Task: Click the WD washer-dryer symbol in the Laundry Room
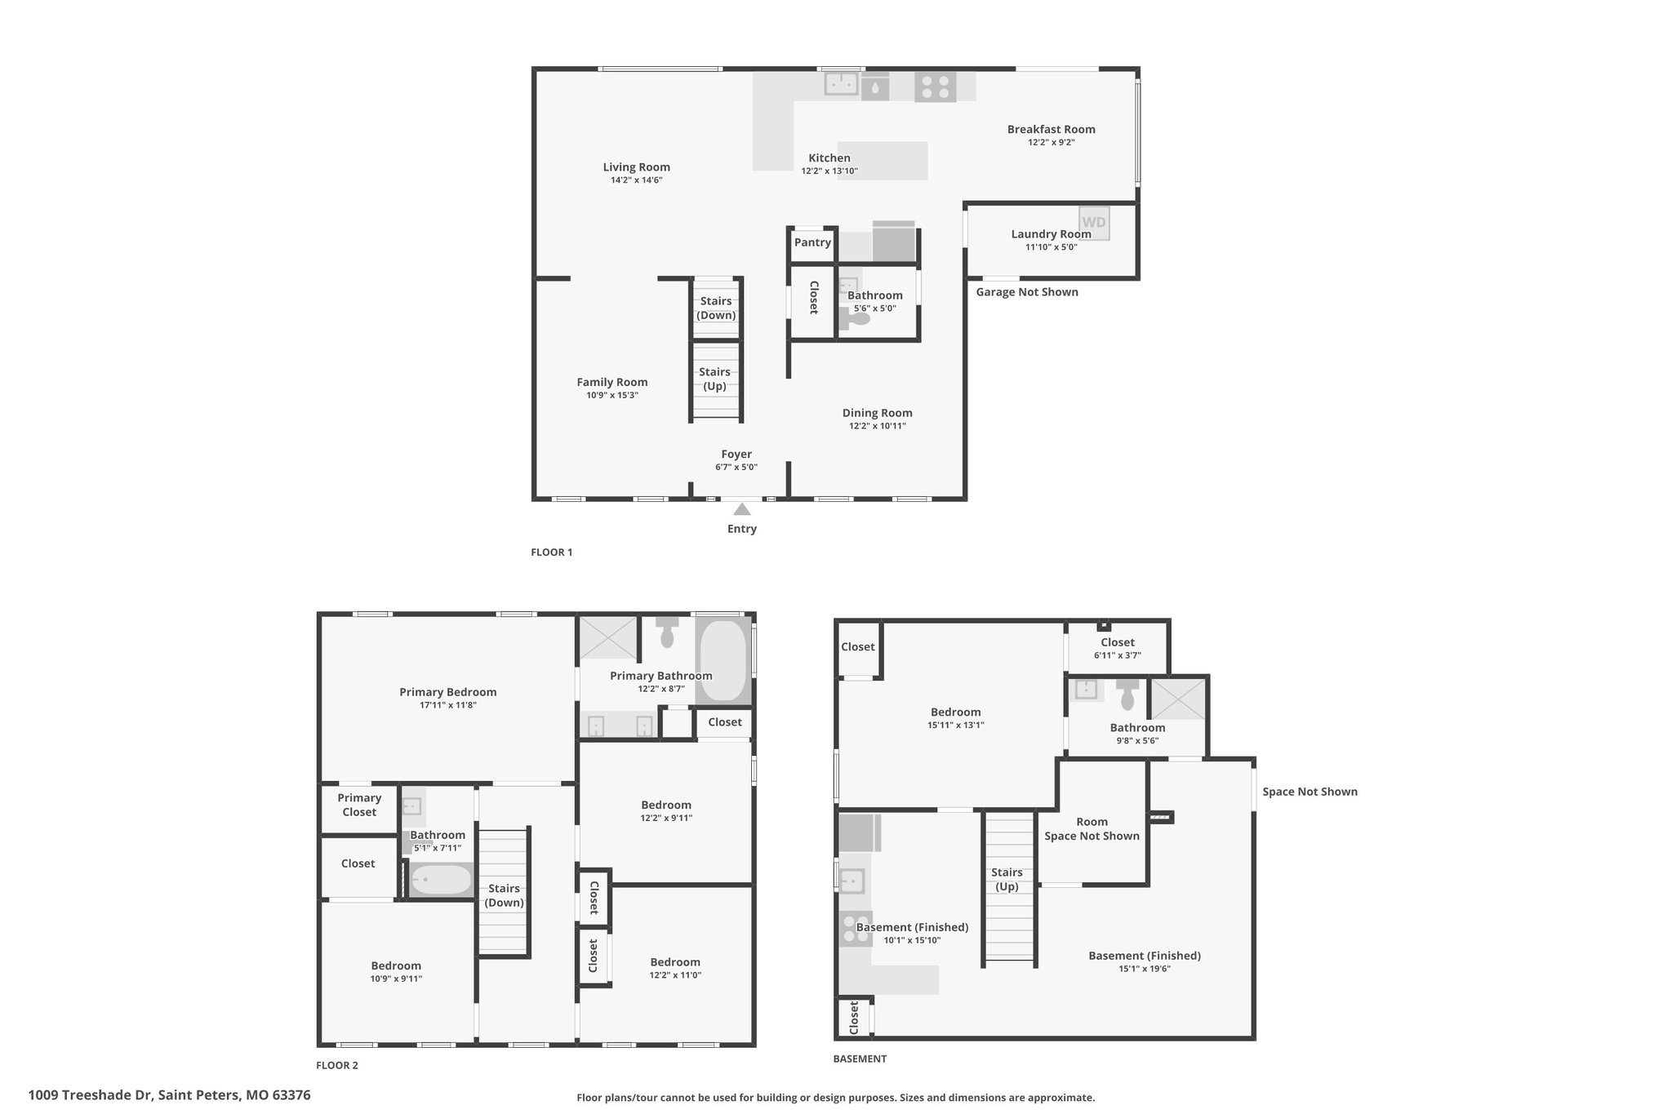pyautogui.click(x=1094, y=223)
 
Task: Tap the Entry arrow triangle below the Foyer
pyautogui.click(x=741, y=509)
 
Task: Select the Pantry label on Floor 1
pyautogui.click(x=812, y=242)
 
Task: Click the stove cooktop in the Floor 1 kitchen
pyautogui.click(x=936, y=87)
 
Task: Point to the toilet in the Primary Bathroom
pyautogui.click(x=667, y=632)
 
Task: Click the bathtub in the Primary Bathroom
pyautogui.click(x=723, y=660)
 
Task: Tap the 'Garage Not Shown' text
pyautogui.click(x=1027, y=292)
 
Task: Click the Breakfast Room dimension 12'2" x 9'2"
pyautogui.click(x=1052, y=142)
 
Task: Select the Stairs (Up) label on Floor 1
pyautogui.click(x=715, y=379)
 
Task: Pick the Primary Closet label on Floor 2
pyautogui.click(x=359, y=805)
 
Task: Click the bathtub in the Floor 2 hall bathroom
pyautogui.click(x=441, y=880)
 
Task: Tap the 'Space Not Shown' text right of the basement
pyautogui.click(x=1310, y=792)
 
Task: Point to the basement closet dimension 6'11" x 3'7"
pyautogui.click(x=1118, y=655)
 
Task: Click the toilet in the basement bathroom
pyautogui.click(x=1128, y=695)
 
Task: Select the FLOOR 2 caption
pyautogui.click(x=337, y=1065)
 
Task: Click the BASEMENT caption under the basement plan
pyautogui.click(x=860, y=1059)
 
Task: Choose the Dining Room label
pyautogui.click(x=878, y=413)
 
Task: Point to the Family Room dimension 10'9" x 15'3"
pyautogui.click(x=612, y=395)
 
